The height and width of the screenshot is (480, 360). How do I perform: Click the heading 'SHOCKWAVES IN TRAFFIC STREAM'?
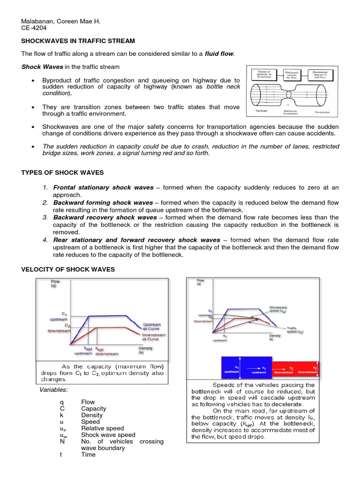coord(78,41)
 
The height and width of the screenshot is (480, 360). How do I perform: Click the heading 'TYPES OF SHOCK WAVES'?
coord(62,172)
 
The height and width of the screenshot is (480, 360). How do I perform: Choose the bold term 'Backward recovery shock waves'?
coord(105,217)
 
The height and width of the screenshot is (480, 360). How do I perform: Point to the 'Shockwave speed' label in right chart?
coord(278,309)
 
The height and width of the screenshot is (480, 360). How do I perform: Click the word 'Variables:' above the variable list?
coord(53,390)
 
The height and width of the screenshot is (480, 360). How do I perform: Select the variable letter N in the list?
coord(62,441)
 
